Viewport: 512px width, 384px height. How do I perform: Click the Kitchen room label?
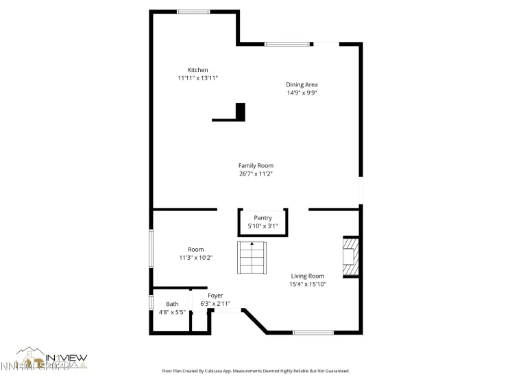coord(198,70)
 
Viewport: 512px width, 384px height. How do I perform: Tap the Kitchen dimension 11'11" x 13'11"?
coord(198,78)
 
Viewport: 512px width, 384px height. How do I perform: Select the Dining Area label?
coord(302,84)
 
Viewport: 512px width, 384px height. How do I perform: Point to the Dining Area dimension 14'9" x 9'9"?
coord(302,93)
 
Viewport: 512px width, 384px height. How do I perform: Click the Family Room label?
coord(256,165)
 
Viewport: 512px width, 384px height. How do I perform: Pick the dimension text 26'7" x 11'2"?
coord(256,173)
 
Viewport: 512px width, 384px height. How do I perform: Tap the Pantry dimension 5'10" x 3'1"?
coord(263,226)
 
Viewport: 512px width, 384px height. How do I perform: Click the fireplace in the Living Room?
coord(351,256)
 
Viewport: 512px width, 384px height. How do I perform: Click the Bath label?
coord(172,304)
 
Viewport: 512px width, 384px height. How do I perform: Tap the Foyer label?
coord(215,296)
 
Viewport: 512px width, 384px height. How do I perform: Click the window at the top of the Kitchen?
coord(193,12)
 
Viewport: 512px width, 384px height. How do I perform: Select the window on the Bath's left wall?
coord(151,302)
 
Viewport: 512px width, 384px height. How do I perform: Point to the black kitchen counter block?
coord(240,111)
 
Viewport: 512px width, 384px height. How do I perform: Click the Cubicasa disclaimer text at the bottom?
coord(256,370)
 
